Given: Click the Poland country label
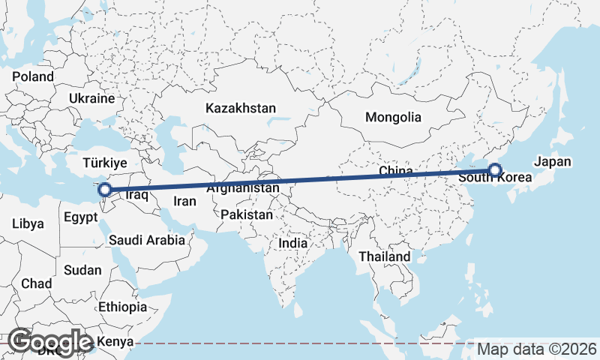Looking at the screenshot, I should pyautogui.click(x=33, y=76).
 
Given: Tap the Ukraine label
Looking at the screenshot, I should pyautogui.click(x=91, y=98).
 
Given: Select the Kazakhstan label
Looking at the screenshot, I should pyautogui.click(x=241, y=108).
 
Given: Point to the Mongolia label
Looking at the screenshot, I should pyautogui.click(x=393, y=117).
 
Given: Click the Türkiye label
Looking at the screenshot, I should pyautogui.click(x=105, y=163).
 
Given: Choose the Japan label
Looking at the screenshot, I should pyautogui.click(x=553, y=161).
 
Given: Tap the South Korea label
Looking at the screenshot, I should pyautogui.click(x=494, y=178).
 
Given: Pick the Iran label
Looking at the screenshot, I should pyautogui.click(x=184, y=201).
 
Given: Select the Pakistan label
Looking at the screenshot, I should pyautogui.click(x=247, y=214).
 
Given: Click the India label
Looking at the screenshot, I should pyautogui.click(x=292, y=243).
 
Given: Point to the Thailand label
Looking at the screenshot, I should pyautogui.click(x=385, y=256).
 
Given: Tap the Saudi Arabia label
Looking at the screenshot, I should pyautogui.click(x=146, y=241).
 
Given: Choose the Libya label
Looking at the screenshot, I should pyautogui.click(x=28, y=223).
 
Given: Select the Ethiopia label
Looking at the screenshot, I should pyautogui.click(x=122, y=307).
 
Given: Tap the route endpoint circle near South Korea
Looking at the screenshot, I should pyautogui.click(x=495, y=170).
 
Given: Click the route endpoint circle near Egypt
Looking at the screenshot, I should pyautogui.click(x=106, y=190).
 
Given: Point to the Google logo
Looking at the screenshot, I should pyautogui.click(x=50, y=342).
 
